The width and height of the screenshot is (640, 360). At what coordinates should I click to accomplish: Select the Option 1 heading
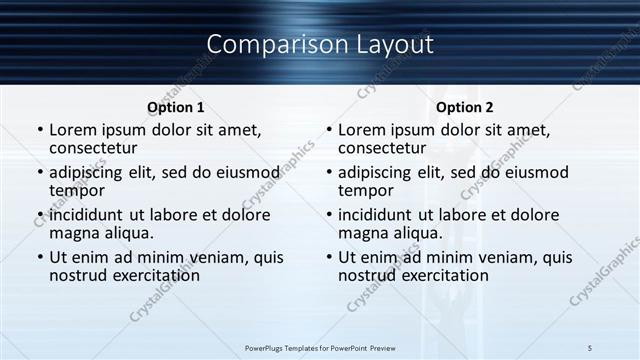[176, 107]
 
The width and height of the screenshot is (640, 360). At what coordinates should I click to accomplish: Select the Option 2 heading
[465, 107]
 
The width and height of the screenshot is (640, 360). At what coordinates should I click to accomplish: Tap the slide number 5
[590, 347]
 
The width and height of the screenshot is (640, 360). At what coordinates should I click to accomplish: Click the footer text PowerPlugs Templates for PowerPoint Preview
[320, 347]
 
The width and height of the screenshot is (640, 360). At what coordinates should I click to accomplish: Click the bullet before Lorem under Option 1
[39, 130]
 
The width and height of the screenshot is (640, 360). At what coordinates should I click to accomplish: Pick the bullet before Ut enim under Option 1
[39, 258]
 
